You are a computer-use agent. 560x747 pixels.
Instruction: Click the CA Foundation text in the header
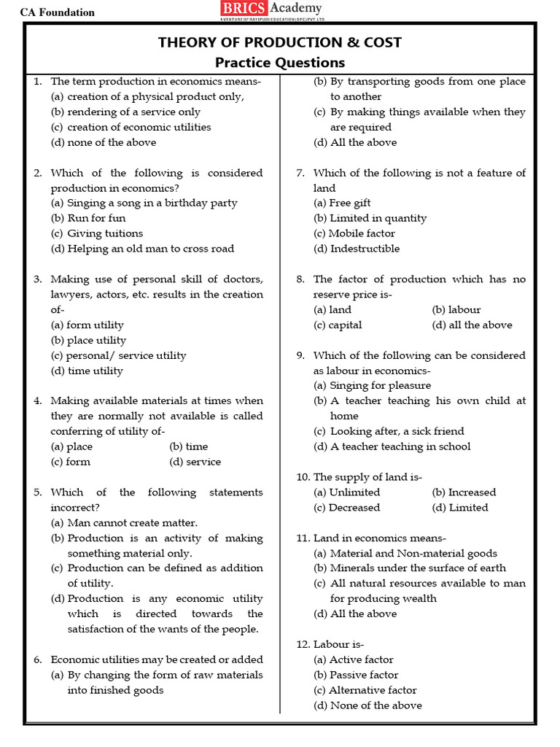58,12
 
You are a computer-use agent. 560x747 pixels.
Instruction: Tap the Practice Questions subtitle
279,63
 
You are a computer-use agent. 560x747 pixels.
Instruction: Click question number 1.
37,82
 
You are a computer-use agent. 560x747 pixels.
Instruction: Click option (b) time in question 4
188,446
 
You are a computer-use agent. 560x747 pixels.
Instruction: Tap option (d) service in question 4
195,462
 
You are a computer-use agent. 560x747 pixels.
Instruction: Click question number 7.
300,173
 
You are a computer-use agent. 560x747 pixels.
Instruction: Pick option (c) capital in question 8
338,325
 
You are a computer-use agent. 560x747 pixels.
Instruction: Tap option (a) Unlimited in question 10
346,492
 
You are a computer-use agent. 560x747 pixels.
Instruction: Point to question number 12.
303,644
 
